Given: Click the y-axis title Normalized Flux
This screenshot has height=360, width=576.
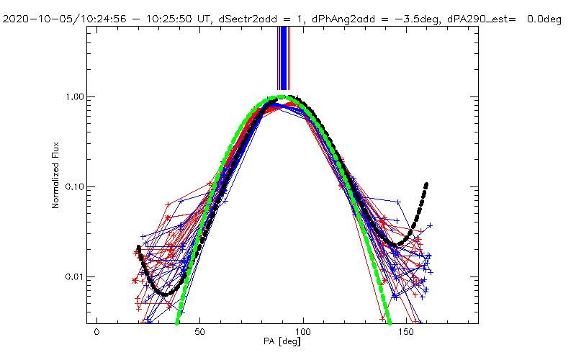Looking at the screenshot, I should coord(55,186).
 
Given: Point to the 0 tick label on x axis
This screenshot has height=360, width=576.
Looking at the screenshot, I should coord(96,333).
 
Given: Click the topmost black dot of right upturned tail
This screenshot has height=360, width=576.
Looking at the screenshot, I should coord(426,184).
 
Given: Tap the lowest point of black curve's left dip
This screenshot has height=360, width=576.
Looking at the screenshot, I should coord(166,294).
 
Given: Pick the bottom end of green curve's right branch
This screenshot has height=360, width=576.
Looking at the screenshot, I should coord(389,321).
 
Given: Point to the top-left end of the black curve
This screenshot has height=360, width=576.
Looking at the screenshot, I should coord(138,248).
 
